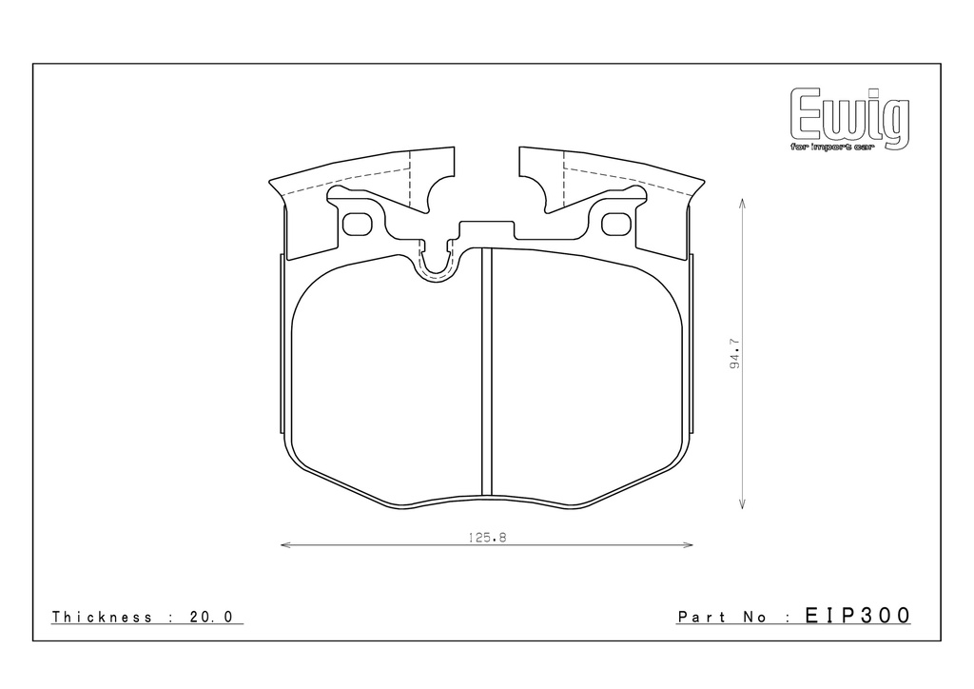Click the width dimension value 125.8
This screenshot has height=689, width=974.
[488, 538]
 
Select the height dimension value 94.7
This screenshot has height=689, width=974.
[735, 353]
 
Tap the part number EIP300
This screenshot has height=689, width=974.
[858, 616]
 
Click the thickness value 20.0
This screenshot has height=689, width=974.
[210, 617]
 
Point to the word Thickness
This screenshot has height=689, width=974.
[102, 617]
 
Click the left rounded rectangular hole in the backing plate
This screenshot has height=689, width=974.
[358, 225]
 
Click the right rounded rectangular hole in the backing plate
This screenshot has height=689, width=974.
[616, 225]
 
